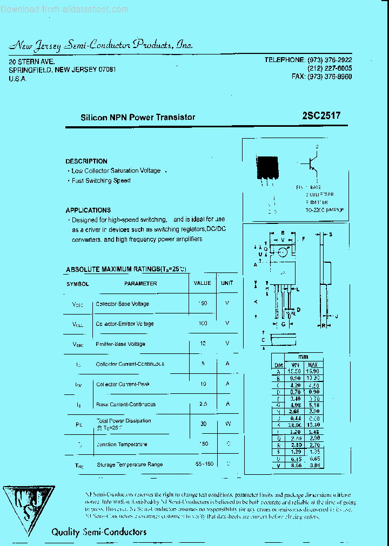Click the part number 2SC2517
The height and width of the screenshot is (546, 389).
tap(321, 115)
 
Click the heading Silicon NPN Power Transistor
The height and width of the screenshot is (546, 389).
tap(138, 117)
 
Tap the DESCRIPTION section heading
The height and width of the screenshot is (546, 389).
tap(86, 161)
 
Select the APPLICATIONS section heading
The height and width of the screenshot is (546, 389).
tap(88, 210)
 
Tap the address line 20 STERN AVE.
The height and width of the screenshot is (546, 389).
tap(31, 62)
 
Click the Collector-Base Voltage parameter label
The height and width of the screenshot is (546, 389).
tap(122, 304)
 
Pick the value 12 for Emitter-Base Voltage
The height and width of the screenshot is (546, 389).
tap(203, 344)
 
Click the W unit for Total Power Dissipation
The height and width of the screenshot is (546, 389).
tap(227, 424)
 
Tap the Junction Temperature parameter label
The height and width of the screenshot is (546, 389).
tap(122, 445)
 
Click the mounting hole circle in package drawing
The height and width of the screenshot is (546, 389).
tap(283, 252)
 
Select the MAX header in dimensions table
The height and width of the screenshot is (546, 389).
tap(313, 365)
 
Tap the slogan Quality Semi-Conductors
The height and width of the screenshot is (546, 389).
tap(99, 532)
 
